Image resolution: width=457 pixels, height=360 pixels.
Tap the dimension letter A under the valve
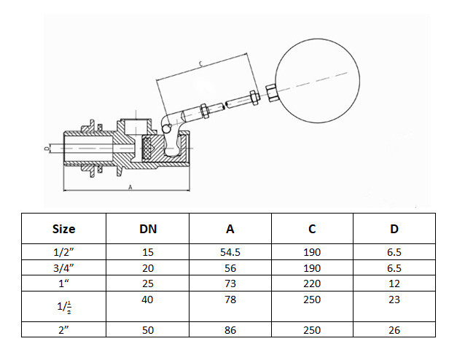[130, 187]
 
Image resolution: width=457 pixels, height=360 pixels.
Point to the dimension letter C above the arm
[201, 65]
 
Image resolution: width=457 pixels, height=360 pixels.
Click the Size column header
[63, 229]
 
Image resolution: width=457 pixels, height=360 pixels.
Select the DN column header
[148, 229]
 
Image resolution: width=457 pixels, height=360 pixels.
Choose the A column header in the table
[230, 229]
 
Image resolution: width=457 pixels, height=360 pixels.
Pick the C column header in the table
[312, 229]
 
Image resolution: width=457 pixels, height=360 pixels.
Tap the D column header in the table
[394, 229]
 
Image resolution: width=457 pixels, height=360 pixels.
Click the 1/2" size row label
[64, 252]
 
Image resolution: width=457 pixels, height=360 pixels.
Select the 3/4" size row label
[64, 267]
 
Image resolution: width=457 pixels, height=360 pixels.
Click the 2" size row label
[64, 330]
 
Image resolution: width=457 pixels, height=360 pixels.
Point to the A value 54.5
[230, 252]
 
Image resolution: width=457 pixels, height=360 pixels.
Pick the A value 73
[230, 281]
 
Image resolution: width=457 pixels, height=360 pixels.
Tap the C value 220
[312, 281]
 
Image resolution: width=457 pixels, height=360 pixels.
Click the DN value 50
[148, 330]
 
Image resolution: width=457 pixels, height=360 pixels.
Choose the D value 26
[394, 330]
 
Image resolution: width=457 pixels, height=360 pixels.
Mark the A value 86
[230, 330]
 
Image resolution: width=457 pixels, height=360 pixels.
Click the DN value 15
[148, 252]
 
